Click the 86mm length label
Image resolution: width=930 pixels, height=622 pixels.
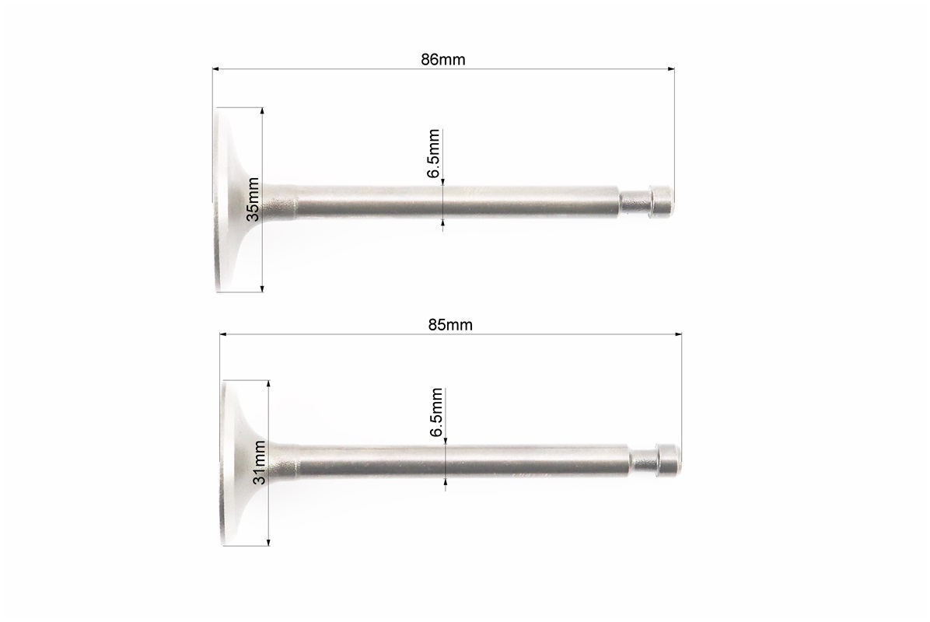[443, 60]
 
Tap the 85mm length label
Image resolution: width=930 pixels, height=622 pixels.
[450, 325]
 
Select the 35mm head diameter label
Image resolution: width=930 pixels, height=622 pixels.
[253, 199]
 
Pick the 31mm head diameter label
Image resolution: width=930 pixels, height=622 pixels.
[259, 463]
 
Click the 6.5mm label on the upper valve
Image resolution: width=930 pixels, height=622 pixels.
[434, 154]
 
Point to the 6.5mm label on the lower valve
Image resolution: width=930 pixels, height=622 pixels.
[436, 413]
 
